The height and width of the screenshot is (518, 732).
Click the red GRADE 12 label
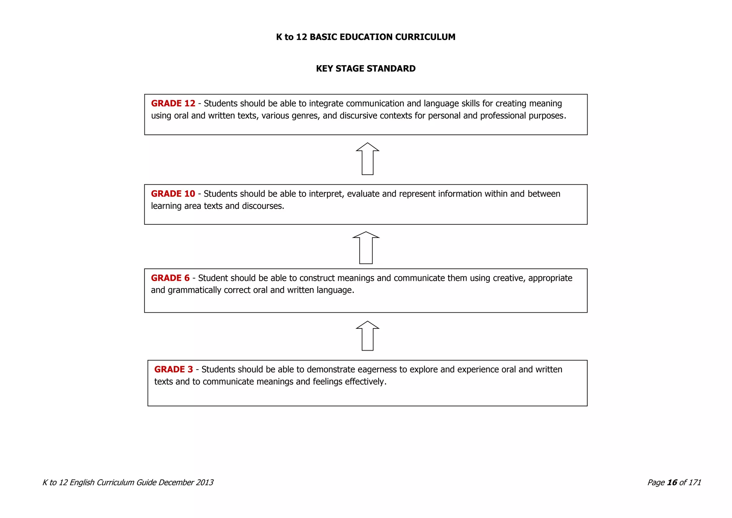pos(173,104)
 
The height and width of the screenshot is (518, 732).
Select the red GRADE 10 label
pos(173,194)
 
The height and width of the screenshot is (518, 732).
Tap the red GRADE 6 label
pos(170,278)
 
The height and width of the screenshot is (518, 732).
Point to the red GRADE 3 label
pos(173,370)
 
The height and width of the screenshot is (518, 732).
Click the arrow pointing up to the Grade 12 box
pos(367,159)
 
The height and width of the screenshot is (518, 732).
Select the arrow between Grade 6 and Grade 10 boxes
pos(366,248)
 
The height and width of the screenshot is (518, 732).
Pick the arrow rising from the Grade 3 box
pos(367,336)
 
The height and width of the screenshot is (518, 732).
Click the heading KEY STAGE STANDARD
pos(366,69)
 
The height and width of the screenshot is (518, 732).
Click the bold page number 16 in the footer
pos(672,483)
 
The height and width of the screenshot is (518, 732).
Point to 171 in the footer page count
pos(694,483)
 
